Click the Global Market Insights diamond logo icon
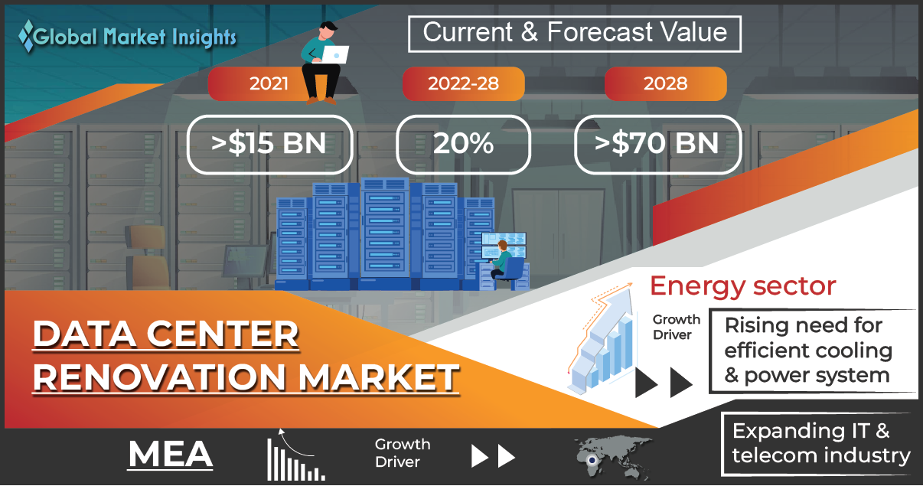27,37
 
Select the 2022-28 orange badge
463,83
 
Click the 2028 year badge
666,83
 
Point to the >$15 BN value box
269,145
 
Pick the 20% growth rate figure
463,143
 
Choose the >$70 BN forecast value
657,143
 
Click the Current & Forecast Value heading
575,33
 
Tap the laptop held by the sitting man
334,55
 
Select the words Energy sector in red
743,285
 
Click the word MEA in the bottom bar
170,454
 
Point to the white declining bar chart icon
295,455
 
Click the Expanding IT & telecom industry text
820,444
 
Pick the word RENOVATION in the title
159,377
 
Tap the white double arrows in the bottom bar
493,456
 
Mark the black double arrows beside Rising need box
664,383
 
